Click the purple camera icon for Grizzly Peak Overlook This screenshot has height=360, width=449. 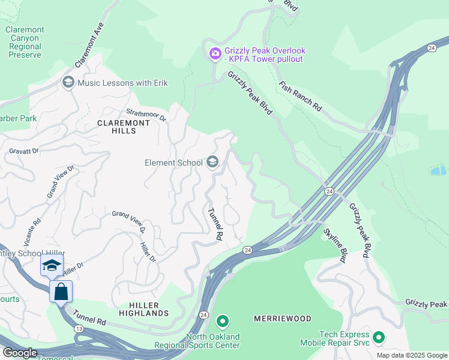(215, 54)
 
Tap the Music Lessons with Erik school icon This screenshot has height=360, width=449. (68, 82)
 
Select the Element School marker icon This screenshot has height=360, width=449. (212, 162)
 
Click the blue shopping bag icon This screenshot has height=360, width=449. (61, 292)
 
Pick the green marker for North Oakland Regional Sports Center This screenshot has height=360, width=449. (222, 322)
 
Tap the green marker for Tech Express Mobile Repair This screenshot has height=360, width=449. (378, 338)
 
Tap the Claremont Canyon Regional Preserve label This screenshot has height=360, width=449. (25, 42)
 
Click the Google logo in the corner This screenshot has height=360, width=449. (19, 353)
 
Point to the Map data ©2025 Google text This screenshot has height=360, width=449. (411, 355)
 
